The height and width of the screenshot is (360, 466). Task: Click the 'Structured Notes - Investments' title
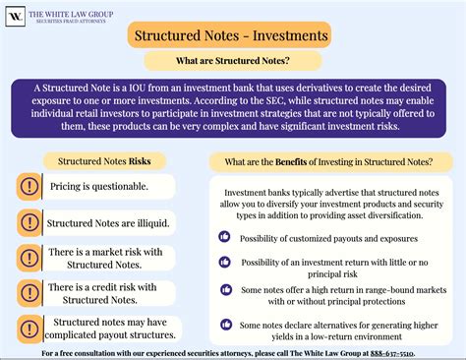(x=228, y=36)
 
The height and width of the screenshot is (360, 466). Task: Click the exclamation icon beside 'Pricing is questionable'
(x=30, y=185)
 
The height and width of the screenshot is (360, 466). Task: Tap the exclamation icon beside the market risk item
(x=30, y=259)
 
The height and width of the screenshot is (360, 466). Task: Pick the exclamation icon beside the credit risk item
(x=30, y=293)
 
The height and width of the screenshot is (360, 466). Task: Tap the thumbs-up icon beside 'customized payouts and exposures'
(x=224, y=237)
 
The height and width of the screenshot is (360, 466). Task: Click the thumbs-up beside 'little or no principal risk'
(x=224, y=264)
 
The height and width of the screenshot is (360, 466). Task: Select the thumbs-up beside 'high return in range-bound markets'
(x=224, y=291)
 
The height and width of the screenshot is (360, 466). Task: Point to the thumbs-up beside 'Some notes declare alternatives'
(x=224, y=326)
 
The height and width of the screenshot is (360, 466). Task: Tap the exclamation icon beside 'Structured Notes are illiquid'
(x=30, y=222)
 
